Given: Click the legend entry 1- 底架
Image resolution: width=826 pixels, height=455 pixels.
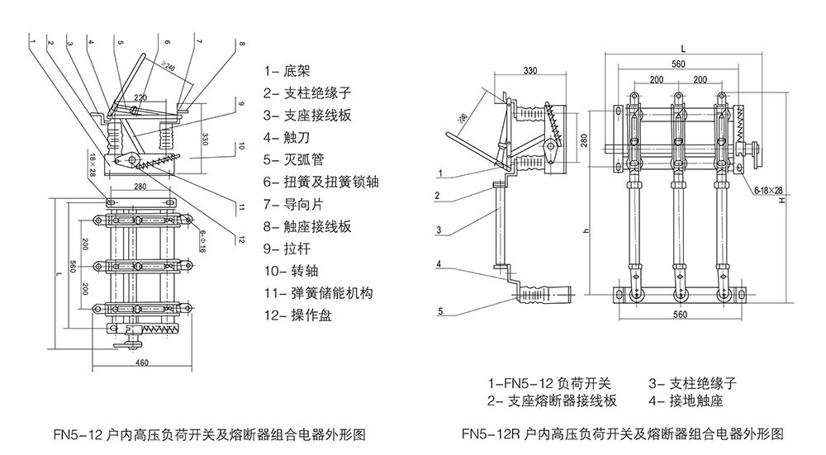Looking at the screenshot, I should [x=287, y=71].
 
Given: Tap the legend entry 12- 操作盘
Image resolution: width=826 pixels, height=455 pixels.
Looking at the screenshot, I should [x=297, y=315].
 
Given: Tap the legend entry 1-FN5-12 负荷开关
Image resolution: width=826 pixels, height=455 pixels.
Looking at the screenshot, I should [x=549, y=383].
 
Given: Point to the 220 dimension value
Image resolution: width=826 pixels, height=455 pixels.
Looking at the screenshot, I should [x=140, y=97].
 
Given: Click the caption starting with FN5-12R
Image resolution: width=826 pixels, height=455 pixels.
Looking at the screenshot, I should [x=622, y=434].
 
